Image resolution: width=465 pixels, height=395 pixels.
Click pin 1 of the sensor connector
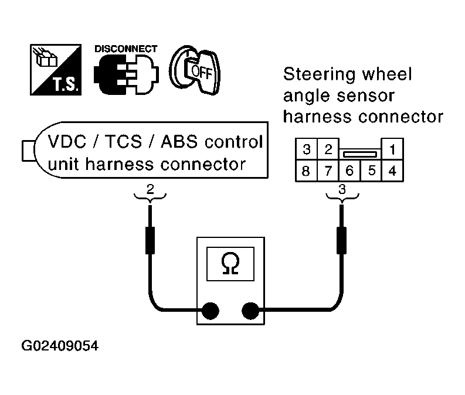392,149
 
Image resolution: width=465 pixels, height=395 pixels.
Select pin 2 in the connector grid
328,149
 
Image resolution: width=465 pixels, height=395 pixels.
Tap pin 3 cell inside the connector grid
306,149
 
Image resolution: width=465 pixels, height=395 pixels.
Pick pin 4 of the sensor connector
392,171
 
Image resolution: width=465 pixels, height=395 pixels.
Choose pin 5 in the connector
371,171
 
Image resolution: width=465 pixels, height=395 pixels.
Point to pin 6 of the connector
349,171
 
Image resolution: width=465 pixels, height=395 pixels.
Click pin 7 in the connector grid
328,171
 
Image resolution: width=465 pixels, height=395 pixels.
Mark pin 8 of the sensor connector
306,171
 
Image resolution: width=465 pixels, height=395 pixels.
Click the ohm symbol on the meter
230,264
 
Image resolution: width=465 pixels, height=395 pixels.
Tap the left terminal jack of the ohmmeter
211,311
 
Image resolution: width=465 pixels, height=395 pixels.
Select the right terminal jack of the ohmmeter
250,311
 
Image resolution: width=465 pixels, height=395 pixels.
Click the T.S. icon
56,70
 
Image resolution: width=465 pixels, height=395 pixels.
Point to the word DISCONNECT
125,49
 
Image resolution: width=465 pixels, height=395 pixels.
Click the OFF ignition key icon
195,70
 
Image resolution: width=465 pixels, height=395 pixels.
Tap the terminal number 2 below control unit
150,189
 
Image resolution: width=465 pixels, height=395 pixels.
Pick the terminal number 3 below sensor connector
342,189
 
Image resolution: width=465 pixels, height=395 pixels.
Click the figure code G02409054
60,346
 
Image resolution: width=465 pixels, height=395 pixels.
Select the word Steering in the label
320,74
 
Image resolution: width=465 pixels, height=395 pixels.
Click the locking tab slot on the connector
360,154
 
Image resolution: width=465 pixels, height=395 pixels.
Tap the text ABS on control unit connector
179,142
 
